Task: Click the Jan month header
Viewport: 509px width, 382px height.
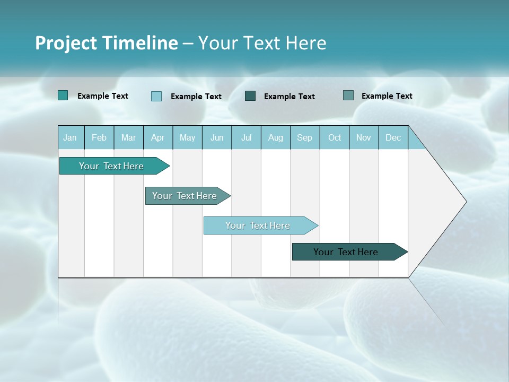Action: pos(70,137)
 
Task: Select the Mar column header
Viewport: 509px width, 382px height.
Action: pos(128,137)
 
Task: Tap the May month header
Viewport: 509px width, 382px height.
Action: pos(187,137)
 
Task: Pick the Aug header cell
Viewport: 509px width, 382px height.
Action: pos(275,137)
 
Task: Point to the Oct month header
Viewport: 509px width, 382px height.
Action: pos(335,137)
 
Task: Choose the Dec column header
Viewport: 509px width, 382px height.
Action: pos(393,137)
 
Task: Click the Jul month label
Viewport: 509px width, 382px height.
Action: pos(246,137)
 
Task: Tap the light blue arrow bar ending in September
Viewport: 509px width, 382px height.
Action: pos(259,225)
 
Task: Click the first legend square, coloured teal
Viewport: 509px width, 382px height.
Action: pos(63,95)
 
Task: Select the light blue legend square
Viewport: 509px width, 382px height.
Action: pos(156,96)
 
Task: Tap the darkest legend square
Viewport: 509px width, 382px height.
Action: pos(250,96)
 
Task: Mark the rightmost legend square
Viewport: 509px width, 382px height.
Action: pos(348,95)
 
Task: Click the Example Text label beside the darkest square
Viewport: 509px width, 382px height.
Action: pos(289,97)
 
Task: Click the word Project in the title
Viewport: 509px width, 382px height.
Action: pos(65,43)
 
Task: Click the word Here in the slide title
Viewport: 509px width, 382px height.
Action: pos(306,43)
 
